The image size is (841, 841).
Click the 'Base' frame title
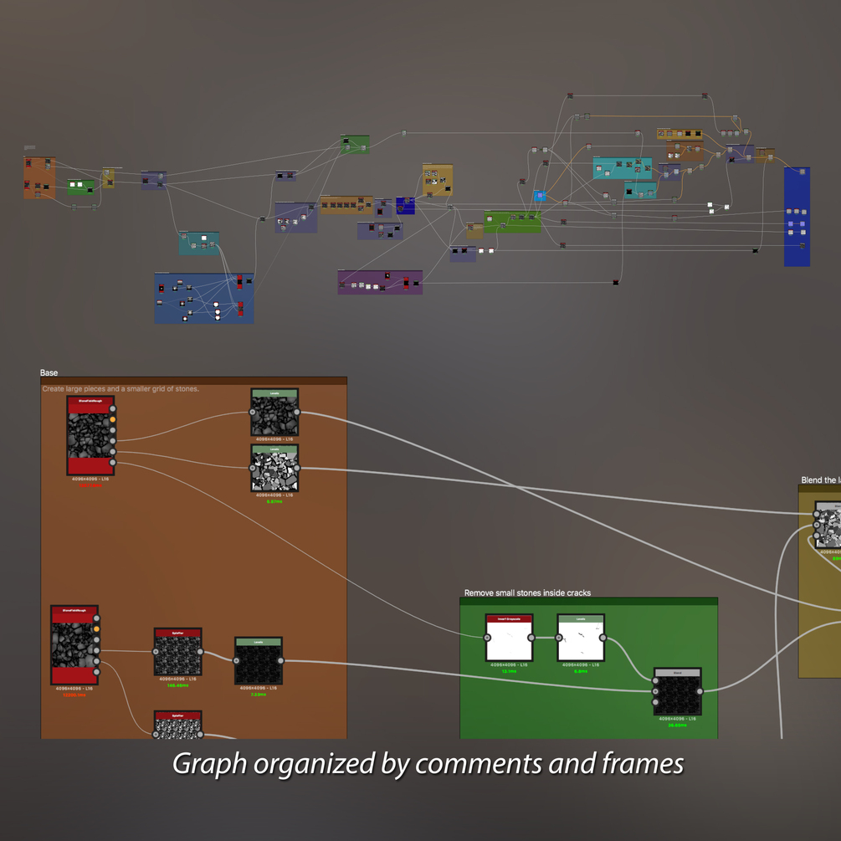coord(49,372)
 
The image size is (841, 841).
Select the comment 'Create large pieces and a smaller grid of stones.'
coord(121,389)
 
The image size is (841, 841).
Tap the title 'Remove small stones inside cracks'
coord(527,593)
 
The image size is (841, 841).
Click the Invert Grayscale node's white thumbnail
coord(509,643)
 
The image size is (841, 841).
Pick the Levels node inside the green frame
coord(581,639)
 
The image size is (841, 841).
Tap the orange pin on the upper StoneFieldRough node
coord(113,420)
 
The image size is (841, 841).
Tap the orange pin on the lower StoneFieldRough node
coord(97,629)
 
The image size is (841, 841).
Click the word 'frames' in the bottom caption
coord(642,763)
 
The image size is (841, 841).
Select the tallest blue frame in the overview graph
coord(797,217)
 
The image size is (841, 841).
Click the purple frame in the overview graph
coord(380,282)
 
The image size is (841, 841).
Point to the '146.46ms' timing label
coord(177,685)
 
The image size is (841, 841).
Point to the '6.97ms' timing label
coord(274,501)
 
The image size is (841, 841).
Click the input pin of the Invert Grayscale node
coord(487,638)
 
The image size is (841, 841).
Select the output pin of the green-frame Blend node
coord(700,691)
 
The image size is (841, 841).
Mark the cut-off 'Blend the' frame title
coord(818,480)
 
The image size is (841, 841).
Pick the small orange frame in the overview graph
coord(39,177)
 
